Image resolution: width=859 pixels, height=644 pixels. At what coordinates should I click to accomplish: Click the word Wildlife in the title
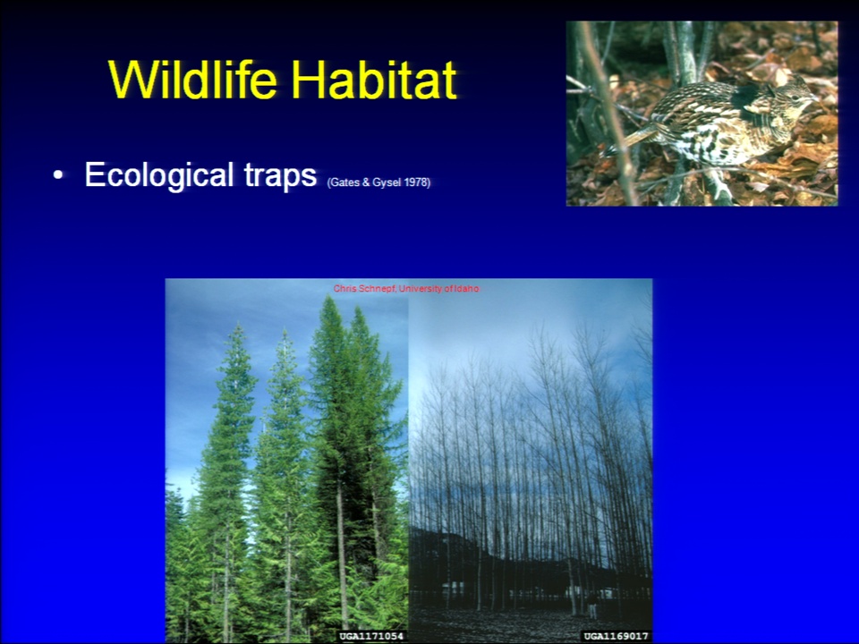click(x=193, y=80)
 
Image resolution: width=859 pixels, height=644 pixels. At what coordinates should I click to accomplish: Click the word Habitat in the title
click(x=375, y=80)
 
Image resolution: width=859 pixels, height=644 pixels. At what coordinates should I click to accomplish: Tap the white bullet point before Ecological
click(x=59, y=176)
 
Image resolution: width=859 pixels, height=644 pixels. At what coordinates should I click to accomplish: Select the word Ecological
click(x=159, y=175)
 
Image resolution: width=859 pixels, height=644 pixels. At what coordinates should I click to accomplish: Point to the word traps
click(x=280, y=176)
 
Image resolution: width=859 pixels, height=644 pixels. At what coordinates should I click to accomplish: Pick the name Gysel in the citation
click(x=387, y=182)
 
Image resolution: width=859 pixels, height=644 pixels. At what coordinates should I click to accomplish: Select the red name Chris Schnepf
click(x=364, y=289)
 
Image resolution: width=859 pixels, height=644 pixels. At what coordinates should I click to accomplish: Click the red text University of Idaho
click(x=438, y=289)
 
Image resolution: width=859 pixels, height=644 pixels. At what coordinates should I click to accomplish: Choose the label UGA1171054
click(x=371, y=636)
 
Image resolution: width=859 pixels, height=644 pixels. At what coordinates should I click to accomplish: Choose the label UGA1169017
click(x=616, y=636)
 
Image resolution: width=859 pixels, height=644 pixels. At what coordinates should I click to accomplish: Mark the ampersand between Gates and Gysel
click(x=366, y=182)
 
